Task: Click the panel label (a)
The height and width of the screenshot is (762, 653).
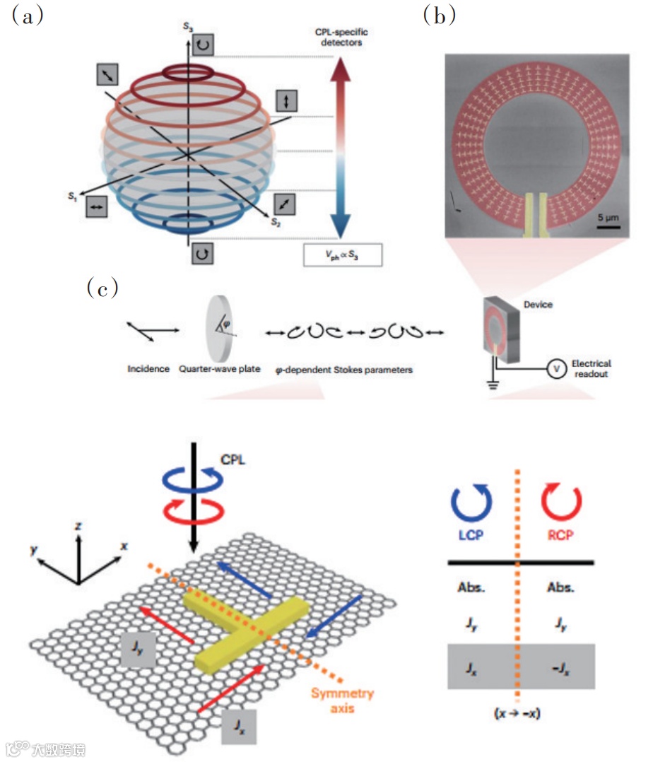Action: click(x=29, y=16)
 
